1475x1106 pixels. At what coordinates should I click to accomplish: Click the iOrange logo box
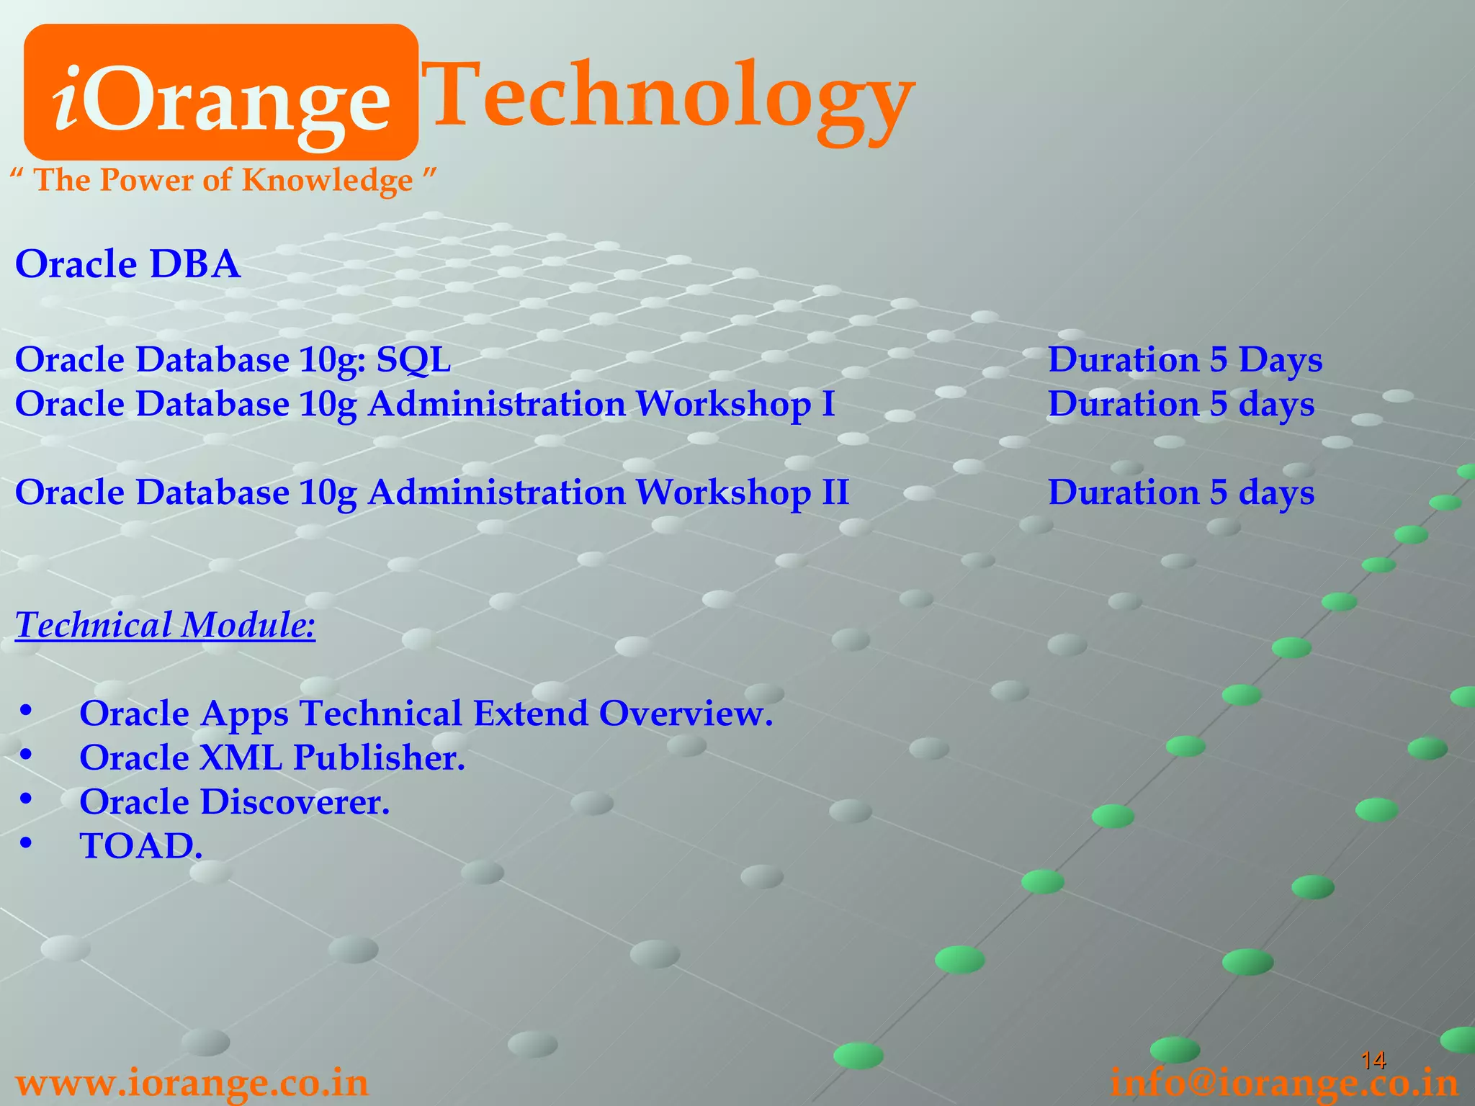coord(221,92)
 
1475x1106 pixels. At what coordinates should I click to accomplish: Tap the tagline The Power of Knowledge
coord(223,180)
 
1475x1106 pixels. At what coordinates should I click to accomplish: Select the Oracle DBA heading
coord(127,264)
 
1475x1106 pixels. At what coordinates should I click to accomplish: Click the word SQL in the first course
coord(413,359)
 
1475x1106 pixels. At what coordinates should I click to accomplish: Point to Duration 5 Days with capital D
coord(1185,359)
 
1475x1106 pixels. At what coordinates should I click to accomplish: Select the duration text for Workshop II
coord(1181,493)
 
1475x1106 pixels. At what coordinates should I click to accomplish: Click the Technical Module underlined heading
coord(165,624)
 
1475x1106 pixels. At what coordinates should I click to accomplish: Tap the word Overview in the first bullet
coord(685,714)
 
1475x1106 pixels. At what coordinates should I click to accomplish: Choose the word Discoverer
coord(295,802)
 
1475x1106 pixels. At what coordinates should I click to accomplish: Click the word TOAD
coord(140,846)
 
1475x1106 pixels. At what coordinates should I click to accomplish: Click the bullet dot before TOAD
coord(26,843)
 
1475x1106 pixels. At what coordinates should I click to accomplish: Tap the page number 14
coord(1373,1060)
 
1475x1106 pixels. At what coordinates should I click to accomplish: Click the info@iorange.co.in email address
coord(1284,1083)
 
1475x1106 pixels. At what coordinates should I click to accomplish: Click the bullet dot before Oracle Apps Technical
coord(26,711)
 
